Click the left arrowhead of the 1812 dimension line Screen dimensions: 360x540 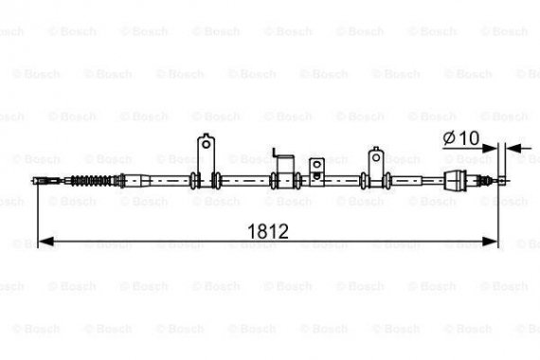click(x=44, y=243)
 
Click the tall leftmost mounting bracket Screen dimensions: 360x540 click(x=204, y=157)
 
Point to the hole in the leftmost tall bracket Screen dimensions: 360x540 click(x=204, y=144)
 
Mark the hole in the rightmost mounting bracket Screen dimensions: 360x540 click(x=376, y=151)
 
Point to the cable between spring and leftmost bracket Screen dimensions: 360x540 click(x=161, y=181)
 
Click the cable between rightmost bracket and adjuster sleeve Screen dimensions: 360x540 click(x=417, y=181)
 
